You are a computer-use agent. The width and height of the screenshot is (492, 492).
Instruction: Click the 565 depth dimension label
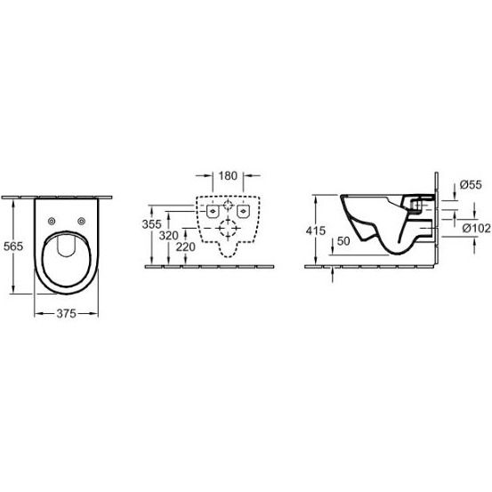click(13, 246)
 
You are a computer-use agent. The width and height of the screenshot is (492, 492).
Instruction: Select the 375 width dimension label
click(66, 313)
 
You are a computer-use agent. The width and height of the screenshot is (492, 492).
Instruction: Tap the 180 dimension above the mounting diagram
click(228, 176)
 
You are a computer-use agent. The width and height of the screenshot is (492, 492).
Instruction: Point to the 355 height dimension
click(151, 224)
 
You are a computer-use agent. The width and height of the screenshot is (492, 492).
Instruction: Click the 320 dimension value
click(168, 236)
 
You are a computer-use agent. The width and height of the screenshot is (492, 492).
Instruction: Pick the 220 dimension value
click(185, 247)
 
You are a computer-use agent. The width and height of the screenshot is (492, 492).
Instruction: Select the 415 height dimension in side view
click(316, 230)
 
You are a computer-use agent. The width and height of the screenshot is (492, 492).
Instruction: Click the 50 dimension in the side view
click(343, 241)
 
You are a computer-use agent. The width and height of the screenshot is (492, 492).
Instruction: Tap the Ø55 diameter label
click(471, 184)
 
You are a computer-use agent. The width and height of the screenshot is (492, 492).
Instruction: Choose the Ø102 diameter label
click(476, 228)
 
